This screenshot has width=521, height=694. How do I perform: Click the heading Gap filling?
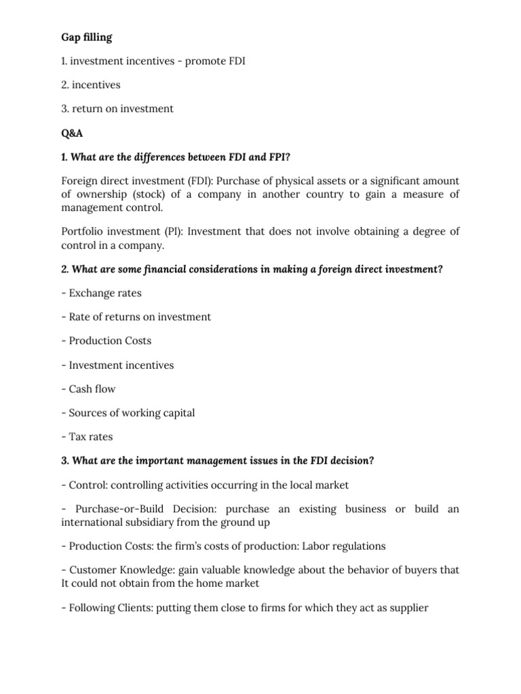[87, 37]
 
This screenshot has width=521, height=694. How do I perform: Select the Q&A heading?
[73, 132]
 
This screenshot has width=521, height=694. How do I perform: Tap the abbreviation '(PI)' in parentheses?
[172, 231]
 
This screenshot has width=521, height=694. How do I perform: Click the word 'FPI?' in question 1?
[279, 157]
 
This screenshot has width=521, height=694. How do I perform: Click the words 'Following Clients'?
[111, 607]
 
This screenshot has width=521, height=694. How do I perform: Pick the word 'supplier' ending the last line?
[406, 607]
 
